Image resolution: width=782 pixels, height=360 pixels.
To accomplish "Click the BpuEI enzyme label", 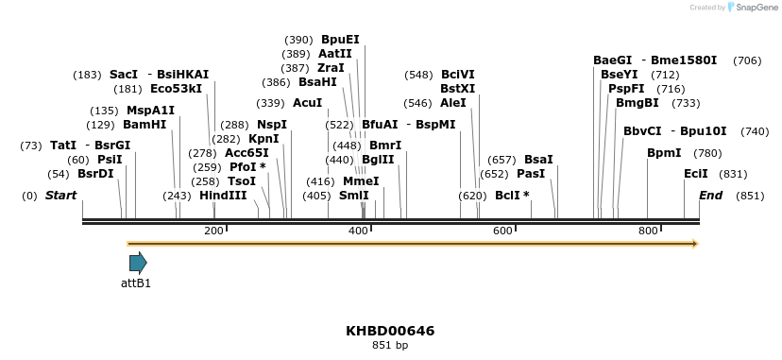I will tap(340, 40).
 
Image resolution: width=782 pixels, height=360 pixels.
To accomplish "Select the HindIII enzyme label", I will tap(223, 196).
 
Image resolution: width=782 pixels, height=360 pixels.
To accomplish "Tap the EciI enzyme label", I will tap(696, 174).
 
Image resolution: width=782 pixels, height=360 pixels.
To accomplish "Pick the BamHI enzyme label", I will tap(144, 125).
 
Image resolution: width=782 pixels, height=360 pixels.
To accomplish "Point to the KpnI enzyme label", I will tap(263, 139).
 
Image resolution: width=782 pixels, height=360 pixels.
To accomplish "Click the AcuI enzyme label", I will tap(308, 103).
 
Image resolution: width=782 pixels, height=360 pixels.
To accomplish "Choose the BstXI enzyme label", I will tap(458, 89).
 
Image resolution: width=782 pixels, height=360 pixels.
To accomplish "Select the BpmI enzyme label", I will tap(664, 153).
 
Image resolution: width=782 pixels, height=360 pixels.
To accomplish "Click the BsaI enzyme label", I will tap(538, 160).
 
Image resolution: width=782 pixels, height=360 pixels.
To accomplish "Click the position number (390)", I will tap(298, 40).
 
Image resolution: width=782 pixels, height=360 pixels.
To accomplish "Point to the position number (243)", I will tap(177, 196).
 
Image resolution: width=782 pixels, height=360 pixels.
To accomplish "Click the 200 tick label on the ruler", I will tap(213, 231).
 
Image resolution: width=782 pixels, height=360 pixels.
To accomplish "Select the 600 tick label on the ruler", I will tap(502, 231).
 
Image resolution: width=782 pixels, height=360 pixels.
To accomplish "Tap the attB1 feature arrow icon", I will tap(138, 263).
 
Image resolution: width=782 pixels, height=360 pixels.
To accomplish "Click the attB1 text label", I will tap(136, 283).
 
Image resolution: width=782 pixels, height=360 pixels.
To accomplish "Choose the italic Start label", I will tap(60, 196).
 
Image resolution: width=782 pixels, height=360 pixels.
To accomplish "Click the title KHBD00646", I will tap(390, 331).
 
